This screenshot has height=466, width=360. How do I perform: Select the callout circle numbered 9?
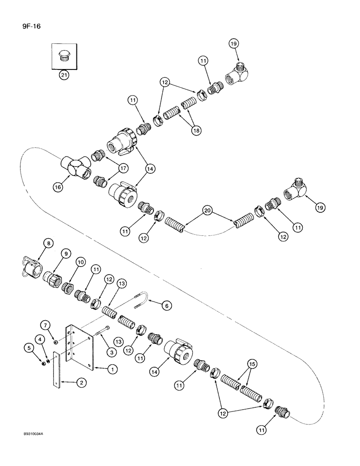65,254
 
